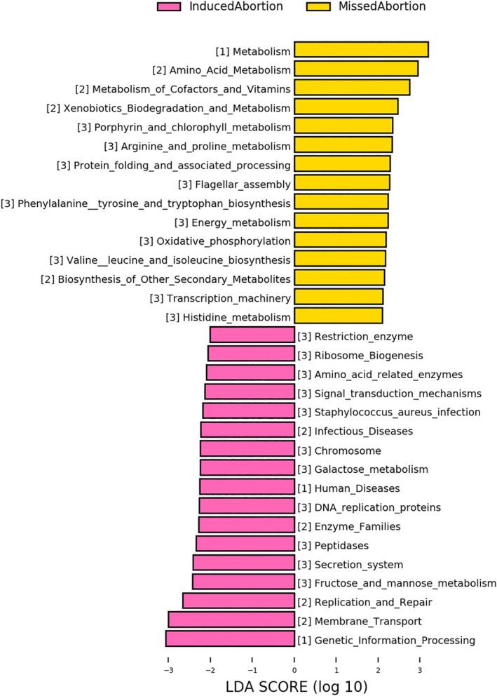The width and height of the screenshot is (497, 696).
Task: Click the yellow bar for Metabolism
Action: point(360,50)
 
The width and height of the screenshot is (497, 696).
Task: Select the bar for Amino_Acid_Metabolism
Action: point(355,69)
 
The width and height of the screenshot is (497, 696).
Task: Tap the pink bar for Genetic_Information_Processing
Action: point(230,638)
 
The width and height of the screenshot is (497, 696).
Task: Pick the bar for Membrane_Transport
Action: point(231,620)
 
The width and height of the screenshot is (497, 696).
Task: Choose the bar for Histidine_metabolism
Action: point(338,316)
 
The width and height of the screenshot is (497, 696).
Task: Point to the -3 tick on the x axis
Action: point(168,659)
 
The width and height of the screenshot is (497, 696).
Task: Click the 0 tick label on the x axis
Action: point(294,659)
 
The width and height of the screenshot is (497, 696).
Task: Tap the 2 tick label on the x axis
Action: point(379,659)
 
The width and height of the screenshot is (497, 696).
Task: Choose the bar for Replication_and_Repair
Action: point(238,601)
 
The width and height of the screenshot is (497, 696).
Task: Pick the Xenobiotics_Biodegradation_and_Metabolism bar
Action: point(346,107)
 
